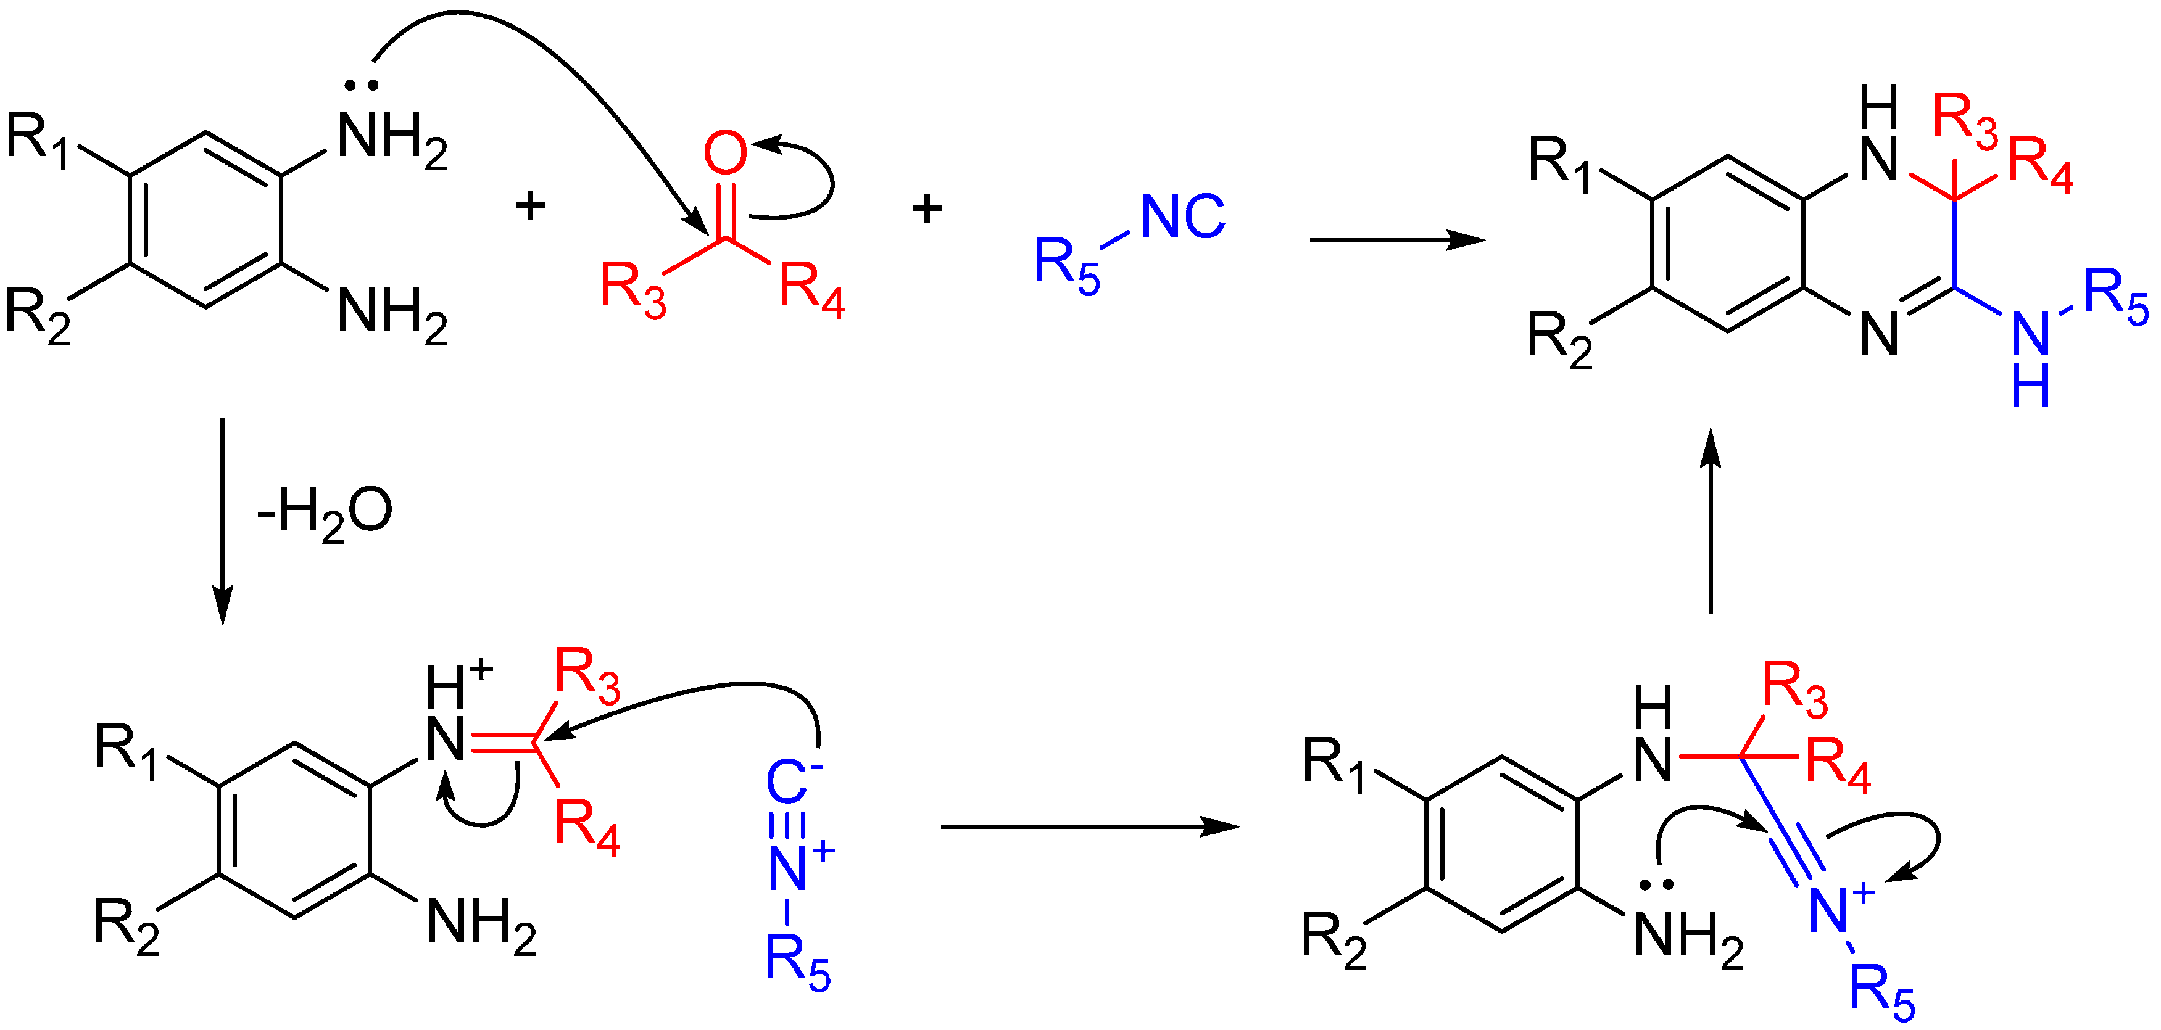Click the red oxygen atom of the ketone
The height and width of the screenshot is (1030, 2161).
725,153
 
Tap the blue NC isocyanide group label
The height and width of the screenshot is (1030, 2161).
1183,216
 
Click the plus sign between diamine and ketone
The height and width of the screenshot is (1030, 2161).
530,205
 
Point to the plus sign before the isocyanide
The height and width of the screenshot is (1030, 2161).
927,208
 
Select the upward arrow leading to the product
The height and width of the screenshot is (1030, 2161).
1710,520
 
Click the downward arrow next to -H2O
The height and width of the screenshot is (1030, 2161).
222,520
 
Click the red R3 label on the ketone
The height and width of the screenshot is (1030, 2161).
633,289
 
